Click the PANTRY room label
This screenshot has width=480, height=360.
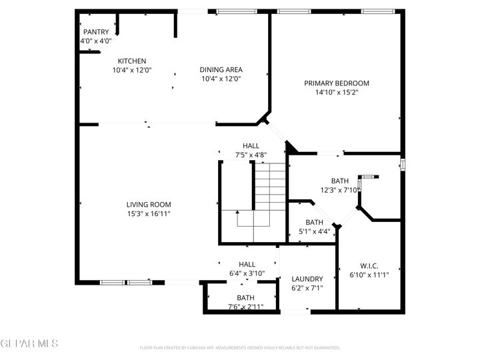click(x=95, y=32)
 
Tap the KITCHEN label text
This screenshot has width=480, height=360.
click(x=132, y=61)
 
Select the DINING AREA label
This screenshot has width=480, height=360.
click(x=221, y=69)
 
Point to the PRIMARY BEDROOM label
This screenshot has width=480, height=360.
click(x=337, y=83)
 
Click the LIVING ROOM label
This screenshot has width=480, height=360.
click(x=149, y=205)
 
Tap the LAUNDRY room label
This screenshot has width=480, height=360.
click(x=307, y=279)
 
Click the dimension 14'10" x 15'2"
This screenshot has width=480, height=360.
click(x=337, y=93)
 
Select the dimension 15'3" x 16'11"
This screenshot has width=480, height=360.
click(x=149, y=214)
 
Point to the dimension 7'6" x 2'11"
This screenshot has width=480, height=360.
click(x=245, y=307)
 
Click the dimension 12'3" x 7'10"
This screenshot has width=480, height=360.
click(x=340, y=190)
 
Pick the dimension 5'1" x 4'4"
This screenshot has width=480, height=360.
click(x=314, y=231)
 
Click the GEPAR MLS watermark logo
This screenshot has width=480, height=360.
click(x=29, y=343)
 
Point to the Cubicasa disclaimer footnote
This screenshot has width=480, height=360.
click(x=240, y=347)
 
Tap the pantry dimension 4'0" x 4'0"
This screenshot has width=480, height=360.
click(x=95, y=41)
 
